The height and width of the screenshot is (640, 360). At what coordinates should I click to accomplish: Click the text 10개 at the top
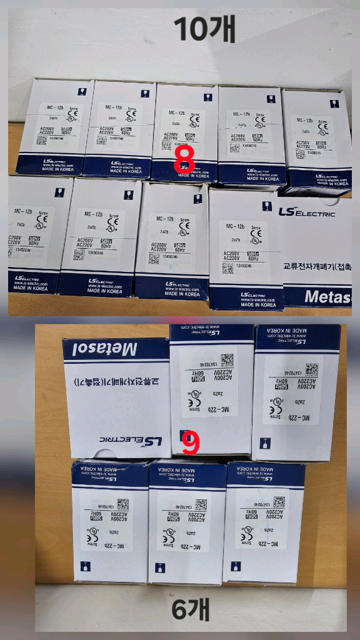tap(204, 29)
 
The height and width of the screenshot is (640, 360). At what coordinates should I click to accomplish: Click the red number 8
tap(184, 158)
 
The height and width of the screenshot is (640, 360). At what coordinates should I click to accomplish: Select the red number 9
tap(191, 442)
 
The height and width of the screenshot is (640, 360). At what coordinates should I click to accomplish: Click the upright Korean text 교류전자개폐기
tap(309, 266)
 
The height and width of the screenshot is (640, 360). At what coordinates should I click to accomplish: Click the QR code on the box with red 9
tap(226, 359)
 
